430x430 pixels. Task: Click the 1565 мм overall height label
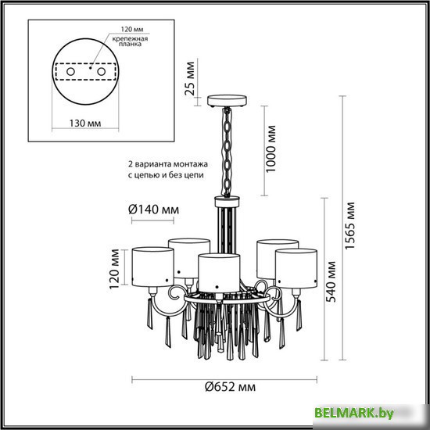[350, 225]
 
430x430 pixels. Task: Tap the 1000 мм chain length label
[271, 149]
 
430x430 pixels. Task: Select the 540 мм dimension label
[331, 281]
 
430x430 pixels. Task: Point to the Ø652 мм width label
[231, 387]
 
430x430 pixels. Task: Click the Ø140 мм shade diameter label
[153, 210]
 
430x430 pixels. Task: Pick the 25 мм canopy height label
[190, 78]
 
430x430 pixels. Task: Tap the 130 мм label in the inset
[85, 123]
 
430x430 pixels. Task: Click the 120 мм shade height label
[114, 269]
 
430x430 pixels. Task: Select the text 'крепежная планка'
[130, 41]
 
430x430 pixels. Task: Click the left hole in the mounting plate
[70, 72]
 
